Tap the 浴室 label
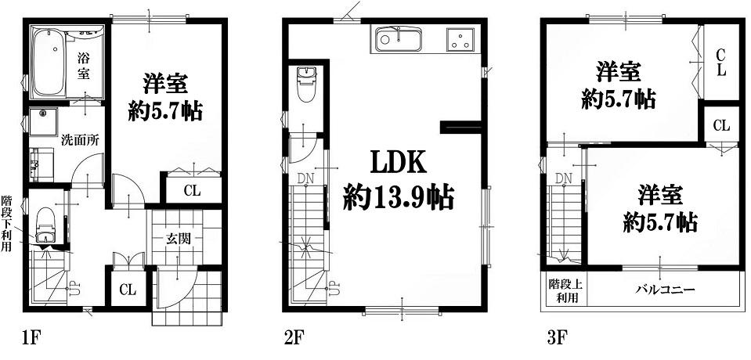[85, 65]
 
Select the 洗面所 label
[80, 141]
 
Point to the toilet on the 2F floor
[305, 84]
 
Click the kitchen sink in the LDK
[398, 39]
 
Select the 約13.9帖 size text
[398, 196]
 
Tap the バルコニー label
[666, 290]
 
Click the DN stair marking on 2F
[305, 178]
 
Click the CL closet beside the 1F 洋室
[192, 190]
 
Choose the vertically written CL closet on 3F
[720, 63]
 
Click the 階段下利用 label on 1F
[6, 223]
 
